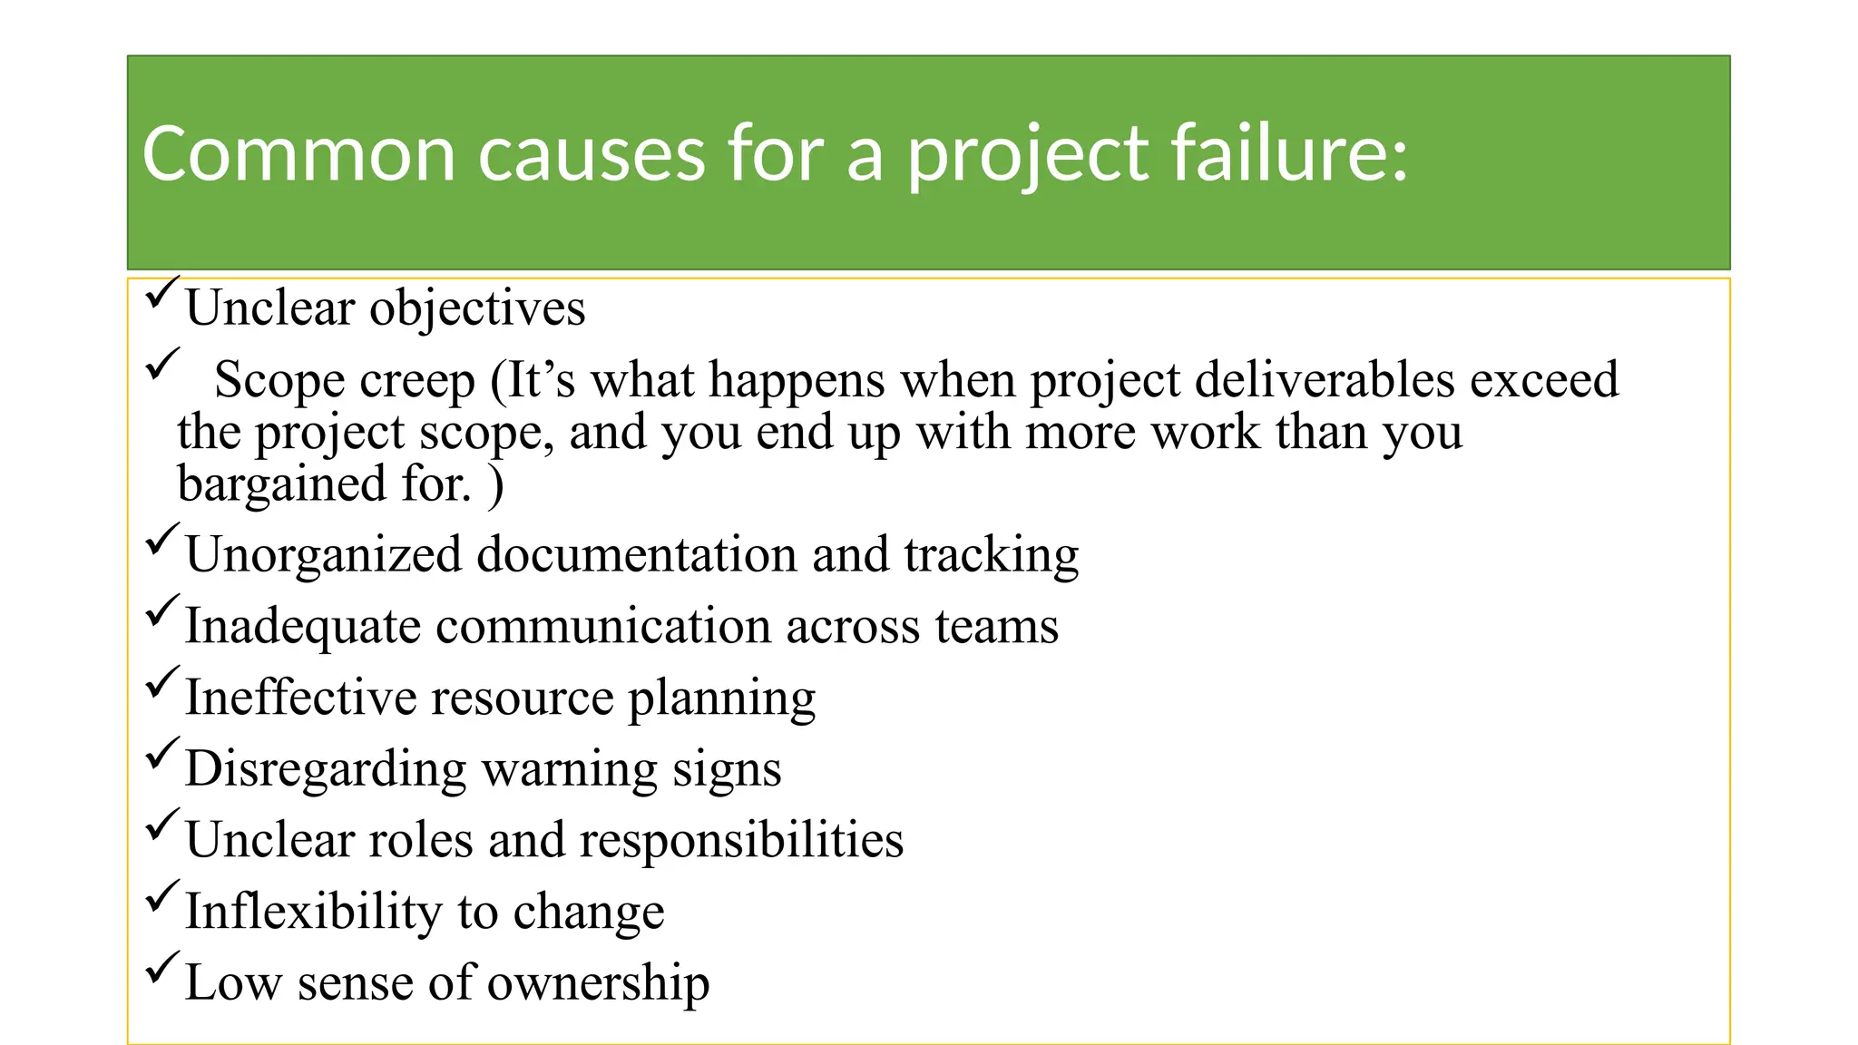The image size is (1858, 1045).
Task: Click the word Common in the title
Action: [298, 154]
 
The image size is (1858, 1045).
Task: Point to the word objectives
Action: [477, 308]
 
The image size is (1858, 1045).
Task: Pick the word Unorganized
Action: [324, 555]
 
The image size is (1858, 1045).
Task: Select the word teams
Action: [997, 627]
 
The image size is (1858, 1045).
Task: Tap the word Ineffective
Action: [300, 698]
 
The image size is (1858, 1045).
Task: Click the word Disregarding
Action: [326, 769]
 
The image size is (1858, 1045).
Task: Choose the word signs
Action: [727, 769]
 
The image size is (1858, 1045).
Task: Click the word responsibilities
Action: [741, 840]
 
